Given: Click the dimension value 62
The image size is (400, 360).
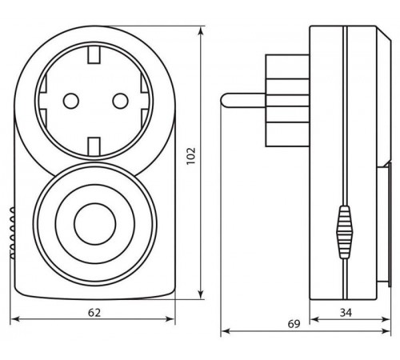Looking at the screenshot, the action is pos(94,312).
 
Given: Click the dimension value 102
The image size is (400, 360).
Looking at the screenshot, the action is pos(191,156).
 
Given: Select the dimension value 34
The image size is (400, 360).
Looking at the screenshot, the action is pos(346,312).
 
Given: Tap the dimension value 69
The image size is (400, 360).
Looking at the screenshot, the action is pos(294,324).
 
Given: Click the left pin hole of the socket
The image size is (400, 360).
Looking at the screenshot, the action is pos(71,101).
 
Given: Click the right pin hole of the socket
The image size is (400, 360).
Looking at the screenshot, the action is pos(120,101).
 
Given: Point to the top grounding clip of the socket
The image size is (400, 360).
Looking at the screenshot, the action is pos(94,55).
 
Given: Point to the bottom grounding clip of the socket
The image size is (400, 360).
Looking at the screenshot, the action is pos(94,146).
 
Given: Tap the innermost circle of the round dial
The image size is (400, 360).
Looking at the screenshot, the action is pos(95,224).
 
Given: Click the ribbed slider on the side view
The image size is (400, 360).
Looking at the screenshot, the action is pos(345,232).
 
